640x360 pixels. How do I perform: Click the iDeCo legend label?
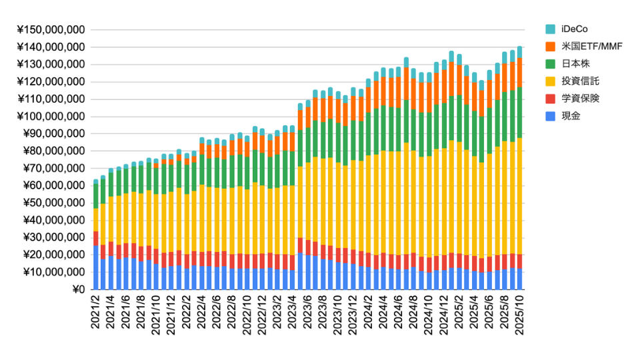point(574,29)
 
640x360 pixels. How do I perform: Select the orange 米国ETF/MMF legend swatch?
point(551,46)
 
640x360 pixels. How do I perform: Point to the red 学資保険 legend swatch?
point(551,99)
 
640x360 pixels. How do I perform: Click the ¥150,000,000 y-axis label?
point(50,30)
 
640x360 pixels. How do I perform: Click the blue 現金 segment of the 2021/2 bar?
point(96,267)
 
